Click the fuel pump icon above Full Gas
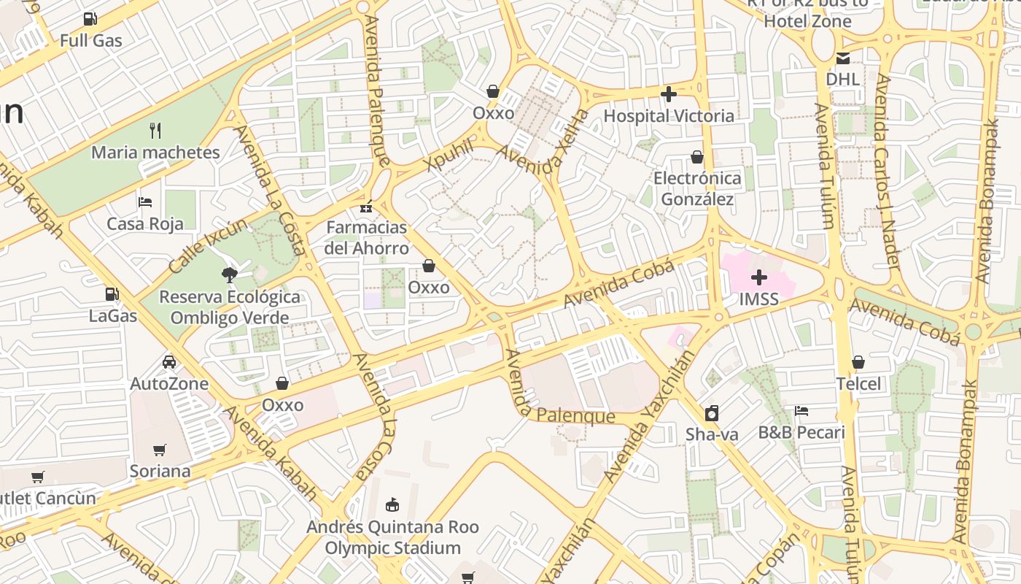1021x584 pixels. tap(90, 18)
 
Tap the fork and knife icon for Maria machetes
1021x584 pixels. tap(155, 131)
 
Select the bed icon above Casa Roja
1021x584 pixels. tap(145, 201)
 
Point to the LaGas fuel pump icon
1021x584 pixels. tap(112, 294)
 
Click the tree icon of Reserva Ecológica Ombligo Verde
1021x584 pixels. tap(230, 274)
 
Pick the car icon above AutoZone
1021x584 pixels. tap(168, 361)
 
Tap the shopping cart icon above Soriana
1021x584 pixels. tap(160, 450)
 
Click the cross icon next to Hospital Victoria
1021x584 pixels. tap(668, 94)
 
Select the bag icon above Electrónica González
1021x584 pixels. tap(696, 157)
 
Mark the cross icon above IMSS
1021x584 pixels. tap(758, 277)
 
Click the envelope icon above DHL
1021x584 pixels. tap(843, 58)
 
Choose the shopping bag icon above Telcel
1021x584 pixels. tap(858, 362)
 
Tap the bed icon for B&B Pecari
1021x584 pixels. tap(801, 411)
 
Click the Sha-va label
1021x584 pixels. tap(712, 435)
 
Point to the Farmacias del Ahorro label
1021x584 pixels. tap(367, 238)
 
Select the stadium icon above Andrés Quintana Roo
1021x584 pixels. tap(392, 504)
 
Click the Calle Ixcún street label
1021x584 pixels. tap(198, 240)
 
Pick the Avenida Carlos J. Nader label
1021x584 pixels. tap(888, 172)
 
